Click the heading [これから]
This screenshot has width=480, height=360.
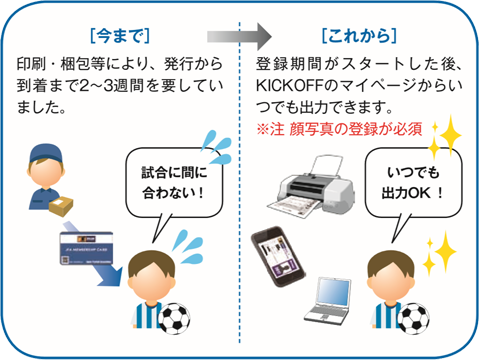coord(358,35)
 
